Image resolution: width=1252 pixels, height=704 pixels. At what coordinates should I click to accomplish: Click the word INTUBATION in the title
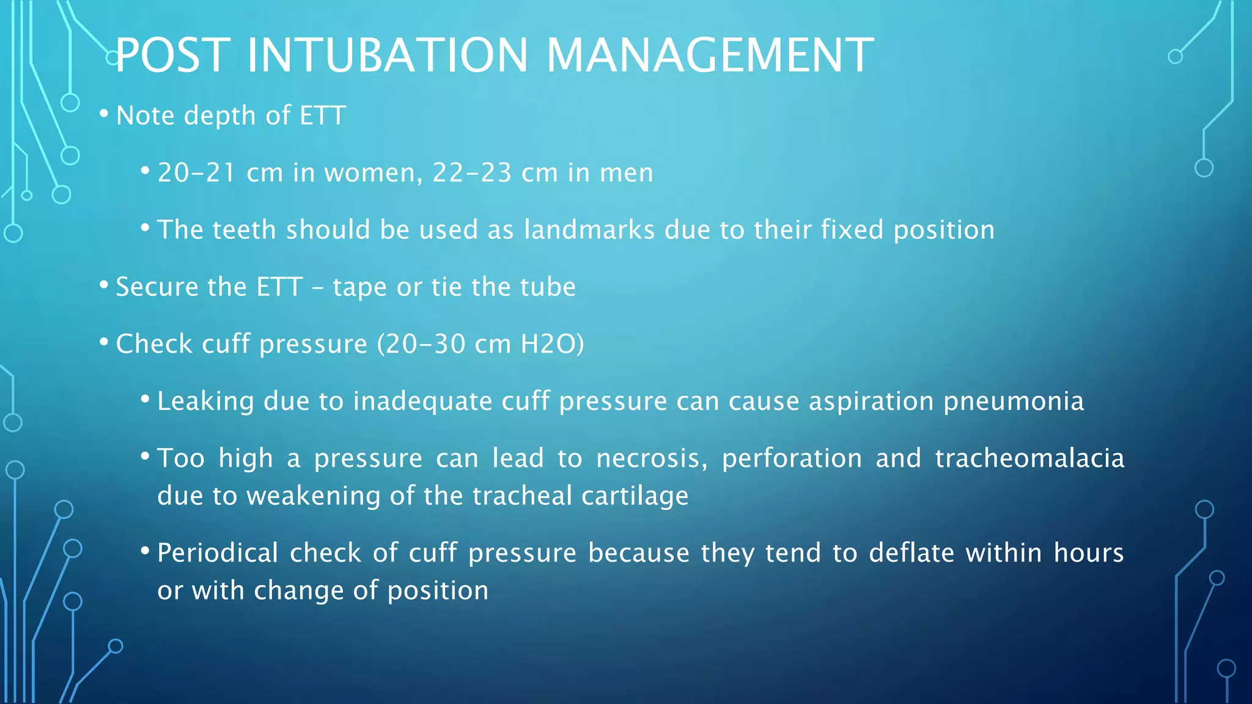tap(388, 56)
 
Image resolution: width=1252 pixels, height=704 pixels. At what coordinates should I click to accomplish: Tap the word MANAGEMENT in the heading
tap(710, 56)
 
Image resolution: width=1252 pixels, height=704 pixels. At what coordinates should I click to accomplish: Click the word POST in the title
tap(173, 56)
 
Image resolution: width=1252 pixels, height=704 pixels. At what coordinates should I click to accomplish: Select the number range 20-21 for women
tap(197, 173)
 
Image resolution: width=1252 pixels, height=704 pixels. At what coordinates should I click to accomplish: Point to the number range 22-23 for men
tap(472, 173)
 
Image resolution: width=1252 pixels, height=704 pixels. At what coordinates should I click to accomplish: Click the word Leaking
tap(205, 402)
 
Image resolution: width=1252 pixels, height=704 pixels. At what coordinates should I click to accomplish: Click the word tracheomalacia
tap(1029, 458)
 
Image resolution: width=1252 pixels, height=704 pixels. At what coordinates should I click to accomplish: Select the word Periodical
tap(218, 553)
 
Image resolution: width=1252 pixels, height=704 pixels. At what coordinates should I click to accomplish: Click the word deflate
tap(911, 553)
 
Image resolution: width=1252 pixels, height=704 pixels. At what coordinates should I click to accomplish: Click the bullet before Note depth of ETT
tap(104, 114)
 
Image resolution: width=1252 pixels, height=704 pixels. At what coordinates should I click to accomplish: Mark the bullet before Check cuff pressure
tap(104, 342)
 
